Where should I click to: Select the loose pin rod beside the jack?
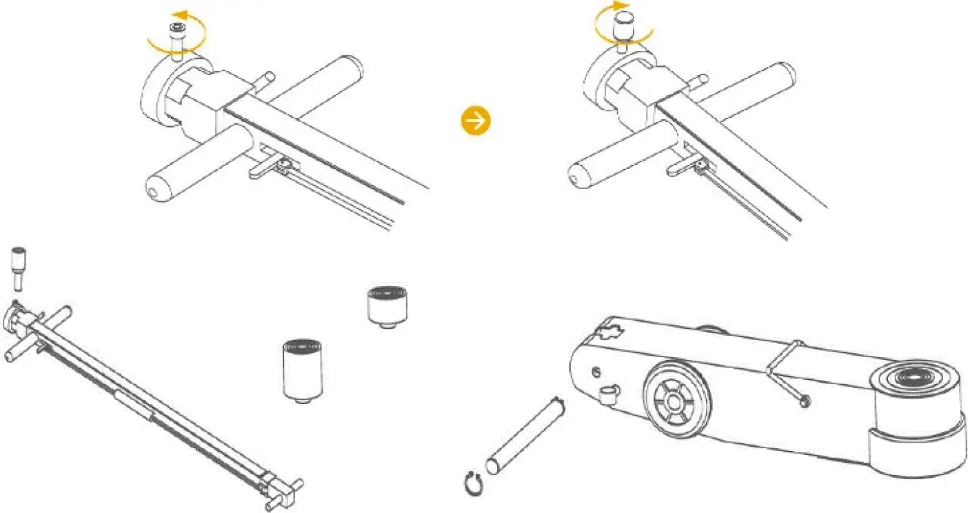526,435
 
